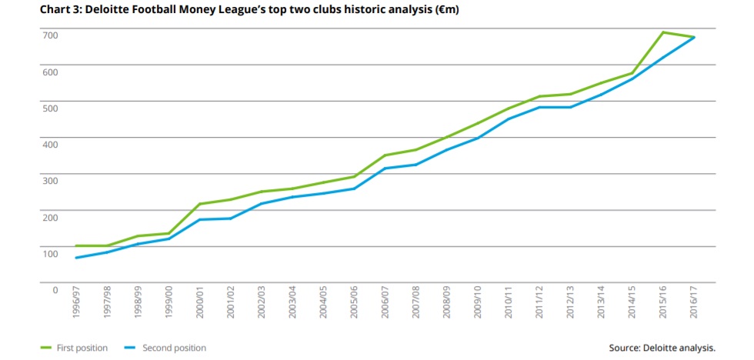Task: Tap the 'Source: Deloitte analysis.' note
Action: click(662, 348)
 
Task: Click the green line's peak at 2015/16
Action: click(662, 32)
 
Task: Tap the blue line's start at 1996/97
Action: click(76, 258)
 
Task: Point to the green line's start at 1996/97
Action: click(76, 246)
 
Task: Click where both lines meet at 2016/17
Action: click(694, 38)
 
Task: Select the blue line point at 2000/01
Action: click(200, 220)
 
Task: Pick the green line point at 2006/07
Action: click(385, 155)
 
